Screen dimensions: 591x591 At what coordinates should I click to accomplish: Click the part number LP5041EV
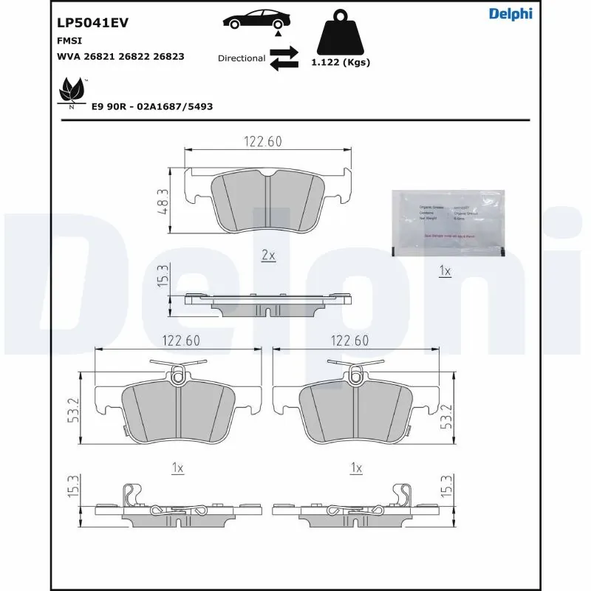tap(93, 23)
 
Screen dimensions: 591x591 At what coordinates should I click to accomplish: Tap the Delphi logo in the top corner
tap(510, 13)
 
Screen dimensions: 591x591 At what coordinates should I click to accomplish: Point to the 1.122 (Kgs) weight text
tap(340, 63)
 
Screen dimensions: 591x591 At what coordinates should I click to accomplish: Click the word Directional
tap(242, 58)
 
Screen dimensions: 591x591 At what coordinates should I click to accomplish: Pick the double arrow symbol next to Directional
tap(283, 58)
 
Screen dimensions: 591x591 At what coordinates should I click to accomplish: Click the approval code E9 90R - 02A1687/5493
tap(152, 106)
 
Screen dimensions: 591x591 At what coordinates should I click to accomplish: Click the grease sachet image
tap(448, 224)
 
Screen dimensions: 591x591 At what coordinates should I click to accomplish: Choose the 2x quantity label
tap(268, 256)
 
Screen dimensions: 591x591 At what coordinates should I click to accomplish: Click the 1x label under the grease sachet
tap(445, 272)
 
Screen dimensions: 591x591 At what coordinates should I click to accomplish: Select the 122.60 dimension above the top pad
tap(263, 142)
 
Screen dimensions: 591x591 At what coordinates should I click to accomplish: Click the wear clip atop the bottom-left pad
tap(177, 372)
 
